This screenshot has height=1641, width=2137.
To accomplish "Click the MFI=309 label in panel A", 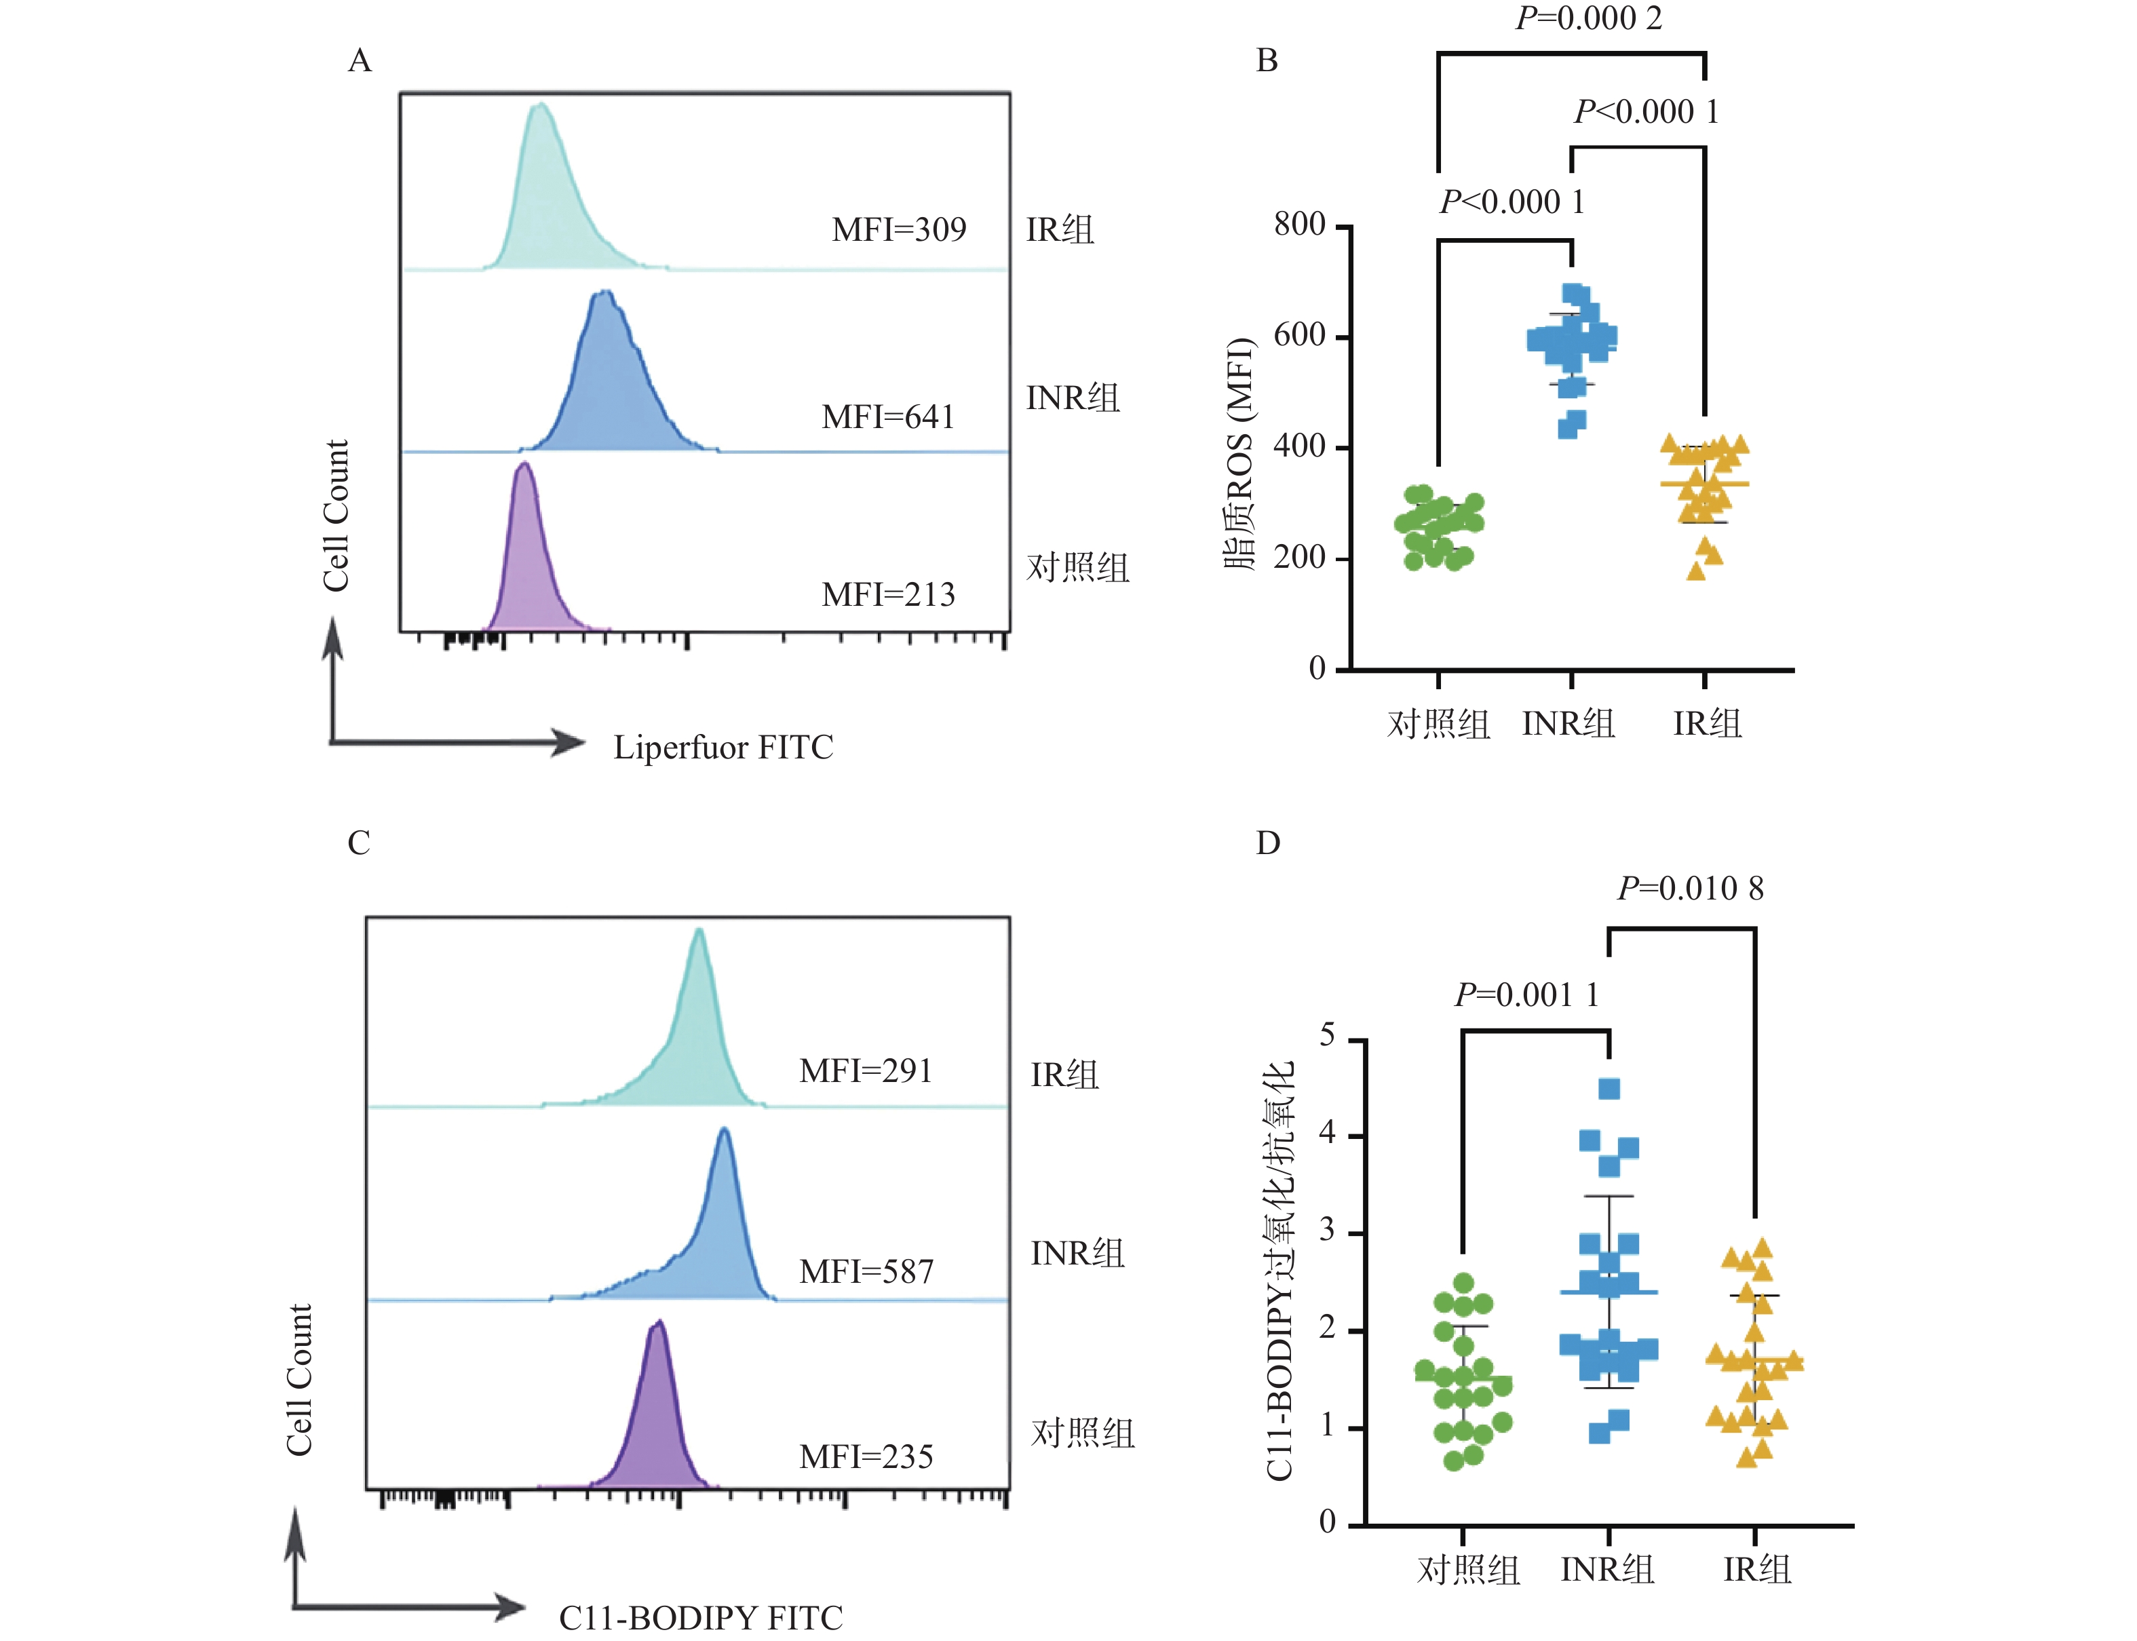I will (x=898, y=229).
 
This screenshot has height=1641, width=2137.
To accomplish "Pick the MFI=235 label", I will (x=866, y=1456).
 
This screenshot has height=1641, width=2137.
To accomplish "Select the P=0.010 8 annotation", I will (x=1690, y=888).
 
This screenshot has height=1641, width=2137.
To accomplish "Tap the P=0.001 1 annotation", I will (x=1526, y=995).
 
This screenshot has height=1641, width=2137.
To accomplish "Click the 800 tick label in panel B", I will (x=1299, y=225).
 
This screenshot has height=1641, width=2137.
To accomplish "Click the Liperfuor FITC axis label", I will (x=723, y=748).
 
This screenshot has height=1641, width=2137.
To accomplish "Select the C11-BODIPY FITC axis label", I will (x=700, y=1617).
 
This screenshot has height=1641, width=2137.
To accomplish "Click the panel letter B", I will (x=1266, y=60).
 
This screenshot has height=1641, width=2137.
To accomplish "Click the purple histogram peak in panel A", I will (x=524, y=469).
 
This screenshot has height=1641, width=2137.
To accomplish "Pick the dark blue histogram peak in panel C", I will (x=724, y=1133).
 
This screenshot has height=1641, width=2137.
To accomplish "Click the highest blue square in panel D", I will (x=1609, y=1088).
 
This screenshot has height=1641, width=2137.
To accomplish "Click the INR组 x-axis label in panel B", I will (x=1568, y=724).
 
